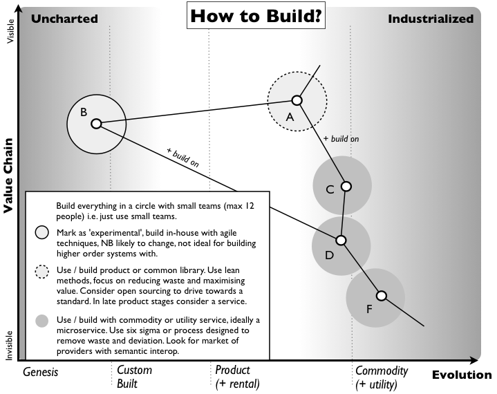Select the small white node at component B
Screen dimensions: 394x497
[x=97, y=124]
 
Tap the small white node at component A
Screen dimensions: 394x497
[x=297, y=100]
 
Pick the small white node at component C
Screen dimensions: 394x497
[x=346, y=187]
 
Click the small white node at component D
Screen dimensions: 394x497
[x=340, y=240]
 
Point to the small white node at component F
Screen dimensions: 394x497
[x=381, y=296]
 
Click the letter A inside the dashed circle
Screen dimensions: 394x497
[x=290, y=118]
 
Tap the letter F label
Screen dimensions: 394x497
[x=370, y=309]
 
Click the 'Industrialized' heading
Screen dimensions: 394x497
[x=431, y=19]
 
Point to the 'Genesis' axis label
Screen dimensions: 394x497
[x=41, y=372]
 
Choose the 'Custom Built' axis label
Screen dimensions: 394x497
[x=134, y=377]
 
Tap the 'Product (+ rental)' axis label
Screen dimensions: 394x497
[x=237, y=377]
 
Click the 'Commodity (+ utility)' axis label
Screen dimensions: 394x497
[x=382, y=377]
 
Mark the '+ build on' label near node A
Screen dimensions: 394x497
[x=341, y=139]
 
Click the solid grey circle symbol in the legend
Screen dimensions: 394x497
[x=43, y=321]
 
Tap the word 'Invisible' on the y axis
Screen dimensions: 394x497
[x=10, y=344]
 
